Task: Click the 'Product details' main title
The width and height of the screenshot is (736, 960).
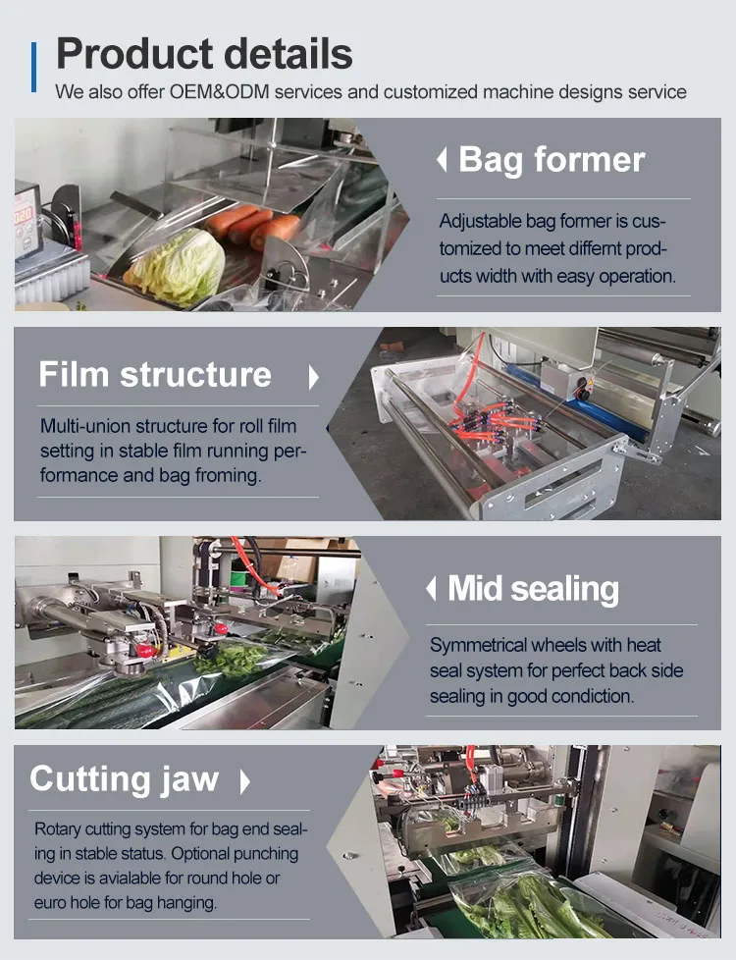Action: pos(204,54)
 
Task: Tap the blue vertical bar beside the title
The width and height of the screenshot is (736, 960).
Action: pos(33,67)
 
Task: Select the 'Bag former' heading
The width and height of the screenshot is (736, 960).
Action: pos(552,160)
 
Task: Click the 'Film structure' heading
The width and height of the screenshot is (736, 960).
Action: pos(155,374)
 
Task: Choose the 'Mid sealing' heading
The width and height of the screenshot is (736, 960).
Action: pos(533,589)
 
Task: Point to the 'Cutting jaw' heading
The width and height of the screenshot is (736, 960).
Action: pos(125,779)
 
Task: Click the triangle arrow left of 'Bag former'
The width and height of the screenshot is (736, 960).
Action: pos(442,160)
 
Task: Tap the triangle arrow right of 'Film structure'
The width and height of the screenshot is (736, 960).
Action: pos(313,377)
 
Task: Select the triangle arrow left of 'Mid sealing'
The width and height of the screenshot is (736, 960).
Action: pos(431,589)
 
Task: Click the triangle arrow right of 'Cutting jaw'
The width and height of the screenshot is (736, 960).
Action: pos(245,781)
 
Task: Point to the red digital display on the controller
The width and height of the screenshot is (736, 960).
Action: pos(24,216)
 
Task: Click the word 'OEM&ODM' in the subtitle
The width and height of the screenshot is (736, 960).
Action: pos(219,92)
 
